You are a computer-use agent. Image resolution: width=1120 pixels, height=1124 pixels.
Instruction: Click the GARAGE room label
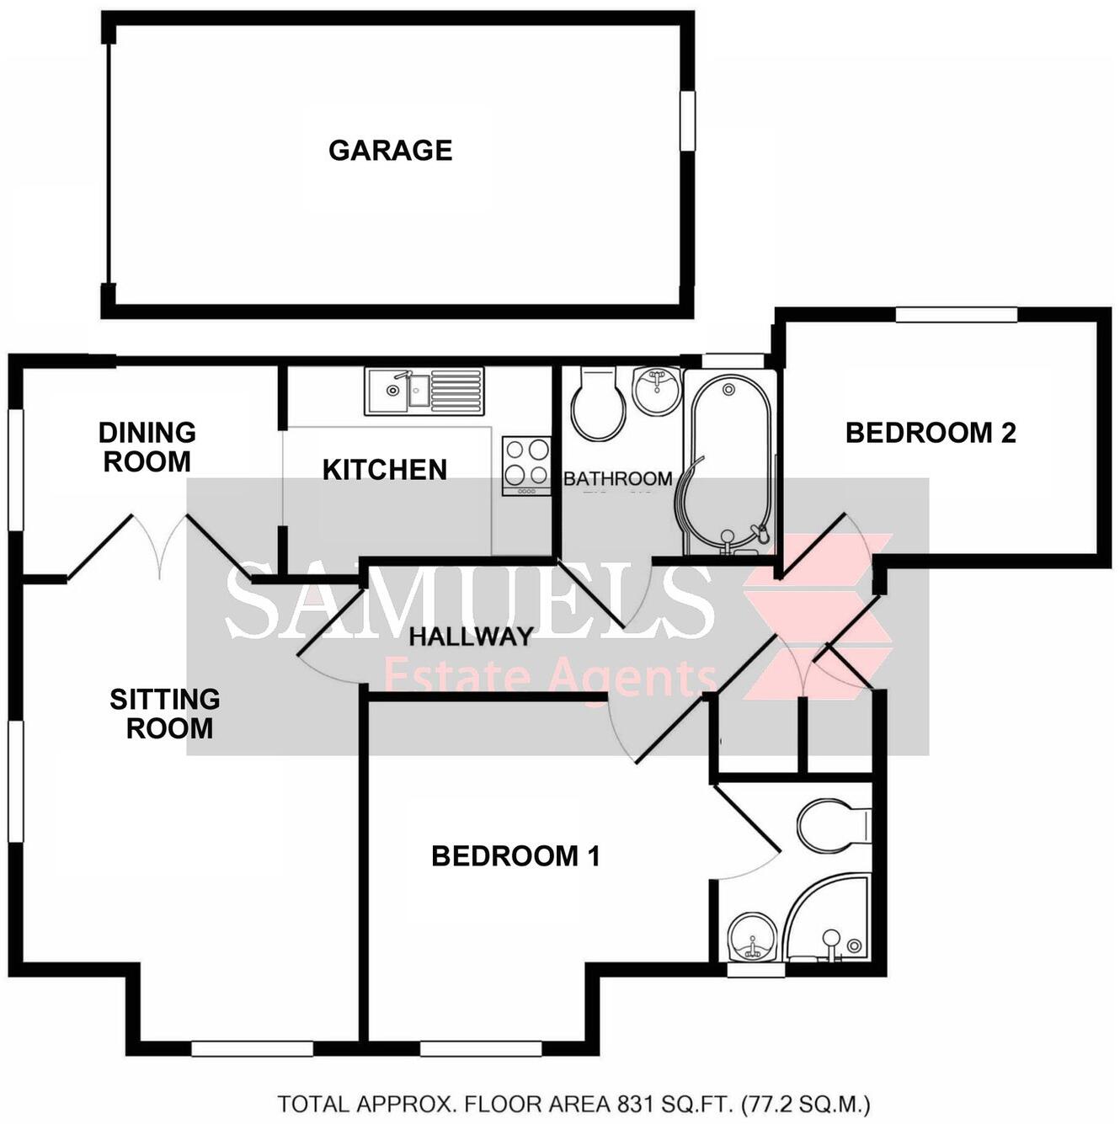click(390, 150)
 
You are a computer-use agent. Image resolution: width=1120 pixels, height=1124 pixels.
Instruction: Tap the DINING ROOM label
click(147, 447)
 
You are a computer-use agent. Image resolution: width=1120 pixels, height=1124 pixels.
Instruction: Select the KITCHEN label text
click(385, 470)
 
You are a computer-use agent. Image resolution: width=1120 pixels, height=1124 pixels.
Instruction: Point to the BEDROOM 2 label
click(931, 433)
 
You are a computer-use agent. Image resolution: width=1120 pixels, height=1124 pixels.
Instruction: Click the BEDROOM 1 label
click(515, 856)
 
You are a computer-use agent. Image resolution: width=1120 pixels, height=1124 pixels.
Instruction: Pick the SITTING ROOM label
click(166, 713)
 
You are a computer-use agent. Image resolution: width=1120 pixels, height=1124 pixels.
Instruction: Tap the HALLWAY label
click(471, 637)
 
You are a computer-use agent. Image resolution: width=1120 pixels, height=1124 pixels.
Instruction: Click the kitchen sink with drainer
click(424, 391)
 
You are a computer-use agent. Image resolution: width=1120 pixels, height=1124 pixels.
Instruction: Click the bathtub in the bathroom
click(729, 463)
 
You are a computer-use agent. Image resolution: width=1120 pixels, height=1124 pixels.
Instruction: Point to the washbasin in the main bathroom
click(657, 390)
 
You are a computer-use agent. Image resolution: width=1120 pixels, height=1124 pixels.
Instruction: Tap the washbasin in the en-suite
click(749, 936)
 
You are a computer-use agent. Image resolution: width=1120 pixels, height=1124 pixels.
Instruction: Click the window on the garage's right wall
click(688, 120)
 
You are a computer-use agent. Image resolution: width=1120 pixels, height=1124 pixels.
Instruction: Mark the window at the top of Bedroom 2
click(956, 315)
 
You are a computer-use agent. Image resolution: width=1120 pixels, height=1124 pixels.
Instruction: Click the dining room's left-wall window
click(15, 469)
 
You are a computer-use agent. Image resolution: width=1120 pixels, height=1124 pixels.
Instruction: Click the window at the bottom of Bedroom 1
click(480, 1048)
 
